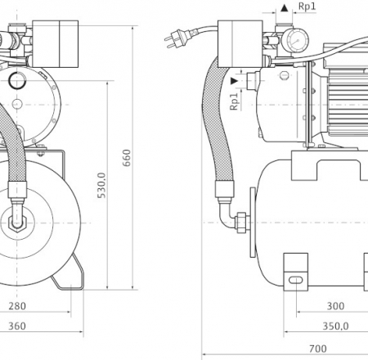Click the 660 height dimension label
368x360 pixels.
127,158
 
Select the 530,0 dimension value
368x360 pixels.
101,185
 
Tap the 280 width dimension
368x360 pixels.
17,306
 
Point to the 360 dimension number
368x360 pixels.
17,326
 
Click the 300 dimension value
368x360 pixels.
335,306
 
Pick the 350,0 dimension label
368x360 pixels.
335,326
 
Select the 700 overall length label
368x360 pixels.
318,349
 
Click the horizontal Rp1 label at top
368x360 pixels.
307,7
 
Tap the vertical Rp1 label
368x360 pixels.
234,101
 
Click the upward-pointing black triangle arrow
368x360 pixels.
285,8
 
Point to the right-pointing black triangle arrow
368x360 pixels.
235,81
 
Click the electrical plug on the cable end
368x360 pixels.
173,39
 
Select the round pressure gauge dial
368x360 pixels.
296,41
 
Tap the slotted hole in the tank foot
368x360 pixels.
295,281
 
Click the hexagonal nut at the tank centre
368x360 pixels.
17,223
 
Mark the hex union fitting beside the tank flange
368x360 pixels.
243,223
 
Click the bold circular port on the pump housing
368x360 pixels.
17,80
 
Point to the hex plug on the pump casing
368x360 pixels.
284,75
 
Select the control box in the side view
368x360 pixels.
240,43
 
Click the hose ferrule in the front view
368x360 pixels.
17,189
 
